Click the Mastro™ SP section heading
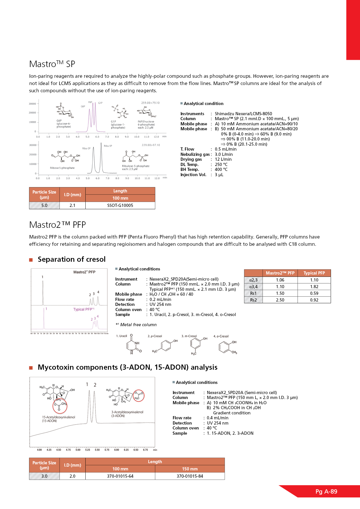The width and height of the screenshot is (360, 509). point(52,64)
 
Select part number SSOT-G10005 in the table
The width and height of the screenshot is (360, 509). point(120,205)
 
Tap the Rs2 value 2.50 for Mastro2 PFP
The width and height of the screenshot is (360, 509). point(280,300)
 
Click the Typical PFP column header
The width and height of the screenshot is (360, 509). point(314,273)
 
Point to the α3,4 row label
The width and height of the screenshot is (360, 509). point(253,287)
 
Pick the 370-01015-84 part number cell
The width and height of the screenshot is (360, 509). point(190,476)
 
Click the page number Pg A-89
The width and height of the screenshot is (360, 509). point(326,492)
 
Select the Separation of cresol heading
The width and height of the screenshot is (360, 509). point(71,259)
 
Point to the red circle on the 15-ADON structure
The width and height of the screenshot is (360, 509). point(60,406)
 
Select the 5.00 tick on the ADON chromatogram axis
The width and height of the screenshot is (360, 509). point(78,450)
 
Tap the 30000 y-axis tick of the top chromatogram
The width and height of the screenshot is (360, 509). point(33,104)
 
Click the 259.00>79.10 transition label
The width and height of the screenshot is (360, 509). point(150,103)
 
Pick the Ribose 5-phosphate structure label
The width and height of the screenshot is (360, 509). point(62,168)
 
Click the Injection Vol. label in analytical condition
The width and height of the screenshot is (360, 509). point(193,175)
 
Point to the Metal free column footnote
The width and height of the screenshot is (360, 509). point(136,325)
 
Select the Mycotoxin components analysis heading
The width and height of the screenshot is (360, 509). point(127,367)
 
